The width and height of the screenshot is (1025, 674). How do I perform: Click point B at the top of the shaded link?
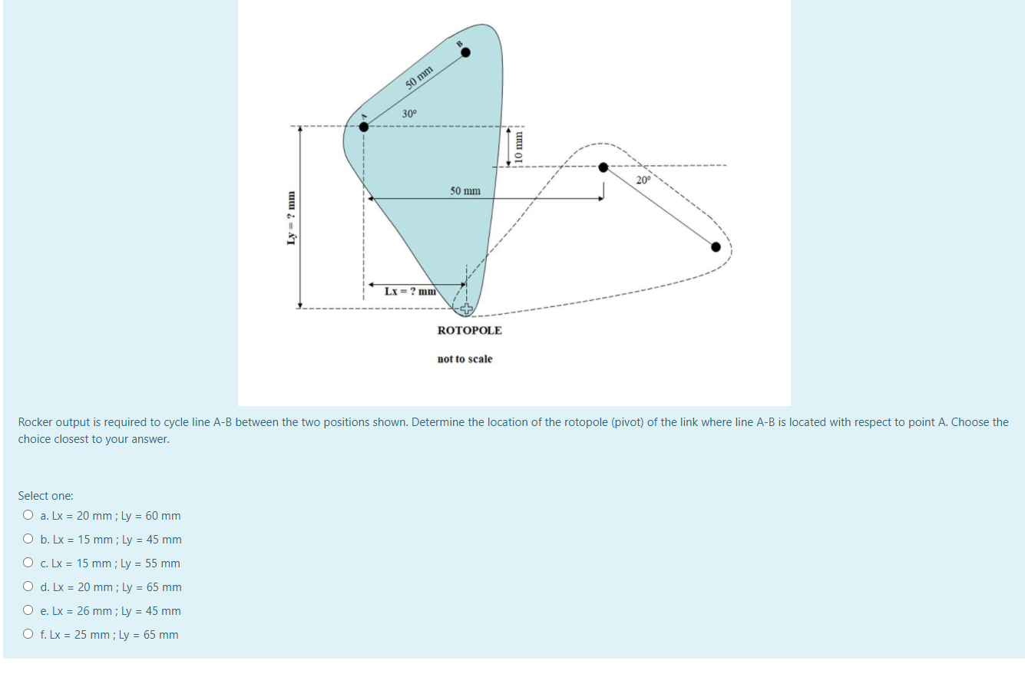tap(465, 52)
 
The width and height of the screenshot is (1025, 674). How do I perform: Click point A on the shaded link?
tap(363, 127)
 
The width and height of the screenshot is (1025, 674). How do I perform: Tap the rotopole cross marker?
tap(466, 309)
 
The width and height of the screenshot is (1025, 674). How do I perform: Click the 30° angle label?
tap(410, 114)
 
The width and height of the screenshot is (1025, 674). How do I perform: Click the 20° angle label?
tap(643, 180)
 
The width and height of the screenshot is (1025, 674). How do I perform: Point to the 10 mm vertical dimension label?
tap(518, 147)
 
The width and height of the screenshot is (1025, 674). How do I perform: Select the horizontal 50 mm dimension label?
tap(465, 190)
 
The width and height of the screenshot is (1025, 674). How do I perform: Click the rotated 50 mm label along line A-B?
tap(420, 78)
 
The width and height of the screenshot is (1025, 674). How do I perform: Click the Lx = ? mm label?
tap(410, 291)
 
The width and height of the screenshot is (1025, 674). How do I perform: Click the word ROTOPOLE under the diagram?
tap(469, 330)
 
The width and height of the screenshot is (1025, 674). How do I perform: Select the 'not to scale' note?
tap(465, 358)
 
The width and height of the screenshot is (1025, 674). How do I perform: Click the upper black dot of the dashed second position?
tap(603, 167)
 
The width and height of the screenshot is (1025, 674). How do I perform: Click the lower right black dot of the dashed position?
tap(716, 246)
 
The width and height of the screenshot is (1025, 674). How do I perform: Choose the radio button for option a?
tap(28, 516)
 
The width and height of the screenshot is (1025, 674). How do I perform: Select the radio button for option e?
tap(28, 611)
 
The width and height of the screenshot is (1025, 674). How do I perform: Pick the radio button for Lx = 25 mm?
tap(28, 635)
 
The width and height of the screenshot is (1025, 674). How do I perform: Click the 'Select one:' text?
tap(45, 496)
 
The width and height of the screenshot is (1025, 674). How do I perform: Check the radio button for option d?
tap(28, 587)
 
